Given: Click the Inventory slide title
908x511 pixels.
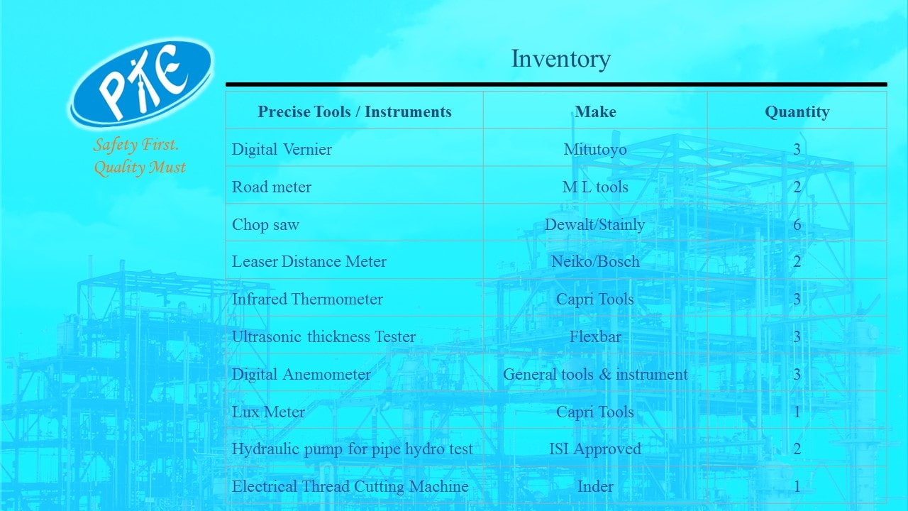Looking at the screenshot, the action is click(560, 59).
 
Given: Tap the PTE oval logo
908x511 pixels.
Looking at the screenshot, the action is click(140, 83).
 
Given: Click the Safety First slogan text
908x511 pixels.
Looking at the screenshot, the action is click(140, 155).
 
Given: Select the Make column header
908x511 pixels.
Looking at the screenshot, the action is click(595, 111).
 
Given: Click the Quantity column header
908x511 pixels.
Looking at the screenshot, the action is click(797, 112).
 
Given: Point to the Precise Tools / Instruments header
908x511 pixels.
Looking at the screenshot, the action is click(354, 111).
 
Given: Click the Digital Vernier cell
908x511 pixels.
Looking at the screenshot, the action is click(282, 149).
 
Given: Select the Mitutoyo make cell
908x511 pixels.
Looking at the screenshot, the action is click(595, 150).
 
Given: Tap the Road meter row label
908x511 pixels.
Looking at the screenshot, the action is click(272, 187).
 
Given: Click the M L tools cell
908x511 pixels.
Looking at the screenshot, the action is click(595, 187).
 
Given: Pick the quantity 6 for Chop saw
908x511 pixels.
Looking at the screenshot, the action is click(797, 224).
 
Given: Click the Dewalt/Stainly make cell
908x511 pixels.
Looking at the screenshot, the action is click(594, 225).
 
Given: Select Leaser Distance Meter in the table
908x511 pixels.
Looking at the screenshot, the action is click(309, 262).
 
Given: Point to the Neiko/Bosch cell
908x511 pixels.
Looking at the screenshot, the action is click(595, 262).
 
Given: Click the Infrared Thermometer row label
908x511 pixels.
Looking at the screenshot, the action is click(307, 300).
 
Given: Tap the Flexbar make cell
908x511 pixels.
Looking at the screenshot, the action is click(595, 336).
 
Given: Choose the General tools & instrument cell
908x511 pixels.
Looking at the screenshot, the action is click(595, 374).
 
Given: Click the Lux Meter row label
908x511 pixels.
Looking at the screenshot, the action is click(268, 412).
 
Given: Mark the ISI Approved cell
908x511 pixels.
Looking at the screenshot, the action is click(595, 449).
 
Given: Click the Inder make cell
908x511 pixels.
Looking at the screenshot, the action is click(595, 487).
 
